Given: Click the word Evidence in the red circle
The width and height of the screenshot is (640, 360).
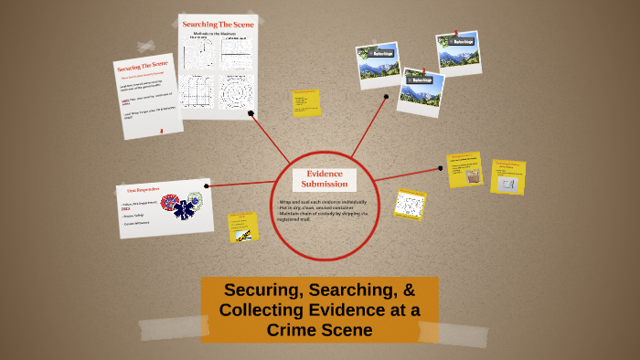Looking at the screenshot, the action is click(325, 173).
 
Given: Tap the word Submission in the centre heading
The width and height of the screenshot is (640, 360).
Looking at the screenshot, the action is click(325, 184).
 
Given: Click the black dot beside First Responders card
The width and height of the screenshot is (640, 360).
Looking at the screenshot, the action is click(208, 185).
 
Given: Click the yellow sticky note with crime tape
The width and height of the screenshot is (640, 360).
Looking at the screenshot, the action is click(242, 226).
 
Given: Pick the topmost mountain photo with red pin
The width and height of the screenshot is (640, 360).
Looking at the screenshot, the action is click(458, 52).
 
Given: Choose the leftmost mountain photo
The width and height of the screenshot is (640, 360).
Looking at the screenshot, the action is click(379, 64).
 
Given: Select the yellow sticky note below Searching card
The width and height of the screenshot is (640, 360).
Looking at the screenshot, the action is click(306, 102).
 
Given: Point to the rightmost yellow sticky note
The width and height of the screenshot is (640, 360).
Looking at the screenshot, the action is click(507, 176).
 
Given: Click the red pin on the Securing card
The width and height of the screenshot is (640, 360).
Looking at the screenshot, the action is click(162, 131).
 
